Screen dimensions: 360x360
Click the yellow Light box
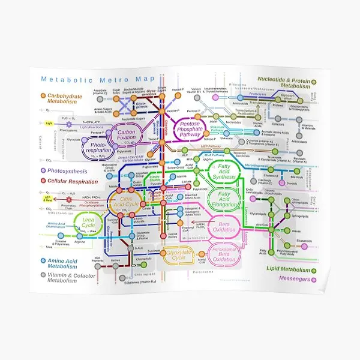click(50, 124)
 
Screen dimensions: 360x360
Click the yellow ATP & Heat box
click(48, 197)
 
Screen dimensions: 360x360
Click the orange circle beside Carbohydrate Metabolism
click(43, 96)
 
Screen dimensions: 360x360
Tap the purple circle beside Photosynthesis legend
click(43, 171)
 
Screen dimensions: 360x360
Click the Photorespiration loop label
click(100, 148)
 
